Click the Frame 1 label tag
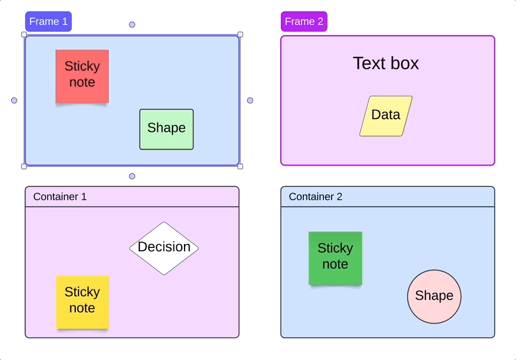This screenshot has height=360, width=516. pyautogui.click(x=48, y=22)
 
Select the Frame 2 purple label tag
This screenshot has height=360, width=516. pyautogui.click(x=304, y=22)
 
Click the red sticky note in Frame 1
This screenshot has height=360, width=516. pyautogui.click(x=82, y=76)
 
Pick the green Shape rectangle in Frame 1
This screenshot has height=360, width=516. pyautogui.click(x=166, y=129)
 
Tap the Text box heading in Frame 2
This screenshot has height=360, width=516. pyautogui.click(x=386, y=63)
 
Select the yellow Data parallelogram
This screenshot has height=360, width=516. pyautogui.click(x=386, y=116)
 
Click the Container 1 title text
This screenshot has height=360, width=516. pyautogui.click(x=60, y=197)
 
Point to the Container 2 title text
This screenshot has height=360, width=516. pyautogui.click(x=315, y=197)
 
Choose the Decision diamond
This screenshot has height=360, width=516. pyautogui.click(x=164, y=248)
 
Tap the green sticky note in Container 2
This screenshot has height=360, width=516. pyautogui.click(x=335, y=258)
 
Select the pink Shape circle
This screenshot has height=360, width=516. pyautogui.click(x=434, y=297)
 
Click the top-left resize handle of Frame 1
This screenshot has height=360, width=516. pyautogui.click(x=24, y=34)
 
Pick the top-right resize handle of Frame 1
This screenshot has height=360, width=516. pyautogui.click(x=240, y=34)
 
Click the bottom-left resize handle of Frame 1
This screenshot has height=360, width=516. pyautogui.click(x=24, y=166)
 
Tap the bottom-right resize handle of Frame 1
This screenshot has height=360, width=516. pyautogui.click(x=240, y=166)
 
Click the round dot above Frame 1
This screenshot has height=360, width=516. pyautogui.click(x=132, y=24)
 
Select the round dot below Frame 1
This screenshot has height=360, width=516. pyautogui.click(x=132, y=176)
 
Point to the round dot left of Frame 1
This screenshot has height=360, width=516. pyautogui.click(x=14, y=100)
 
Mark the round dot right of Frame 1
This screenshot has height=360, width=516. pyautogui.click(x=250, y=100)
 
